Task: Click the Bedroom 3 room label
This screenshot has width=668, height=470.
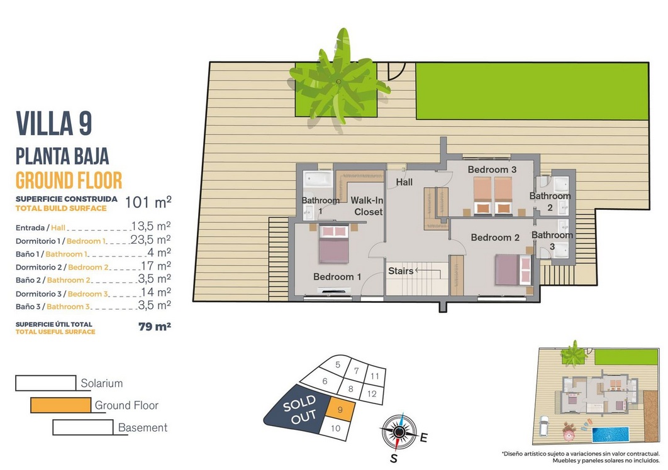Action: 492,170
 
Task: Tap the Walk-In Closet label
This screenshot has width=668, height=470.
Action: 367,206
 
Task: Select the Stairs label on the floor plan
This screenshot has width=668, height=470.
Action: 401,271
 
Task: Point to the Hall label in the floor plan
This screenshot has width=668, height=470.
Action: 404,182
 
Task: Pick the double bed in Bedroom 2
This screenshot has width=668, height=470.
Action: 513,270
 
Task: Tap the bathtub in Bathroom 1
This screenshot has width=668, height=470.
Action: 318,179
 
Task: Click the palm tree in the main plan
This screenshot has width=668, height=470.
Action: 339,81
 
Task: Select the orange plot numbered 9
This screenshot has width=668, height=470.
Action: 340,410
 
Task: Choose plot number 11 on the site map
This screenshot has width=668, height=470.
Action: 374,376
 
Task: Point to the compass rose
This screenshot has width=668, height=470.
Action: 399,432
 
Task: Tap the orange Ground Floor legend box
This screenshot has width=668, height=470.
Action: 60,405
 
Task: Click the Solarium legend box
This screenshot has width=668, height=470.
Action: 45,383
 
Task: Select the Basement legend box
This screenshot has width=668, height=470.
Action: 83,427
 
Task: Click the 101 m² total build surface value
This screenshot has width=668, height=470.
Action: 148,202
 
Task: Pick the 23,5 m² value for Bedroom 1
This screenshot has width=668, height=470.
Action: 150,239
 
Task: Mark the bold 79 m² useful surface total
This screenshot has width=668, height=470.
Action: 155,327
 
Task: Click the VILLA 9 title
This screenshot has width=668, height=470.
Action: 54,123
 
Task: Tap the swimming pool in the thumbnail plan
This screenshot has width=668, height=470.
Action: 611,435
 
